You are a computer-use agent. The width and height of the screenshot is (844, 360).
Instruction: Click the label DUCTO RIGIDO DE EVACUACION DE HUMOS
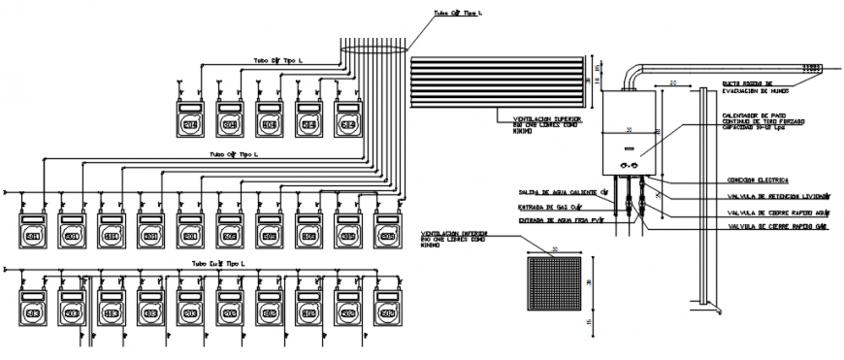click(x=747, y=87)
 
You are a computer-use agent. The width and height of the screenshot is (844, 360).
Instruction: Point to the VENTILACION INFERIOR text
click(x=454, y=234)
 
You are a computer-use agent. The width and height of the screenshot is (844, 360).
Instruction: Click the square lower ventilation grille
click(x=554, y=284)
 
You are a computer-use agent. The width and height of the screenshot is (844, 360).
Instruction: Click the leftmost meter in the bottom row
click(x=33, y=314)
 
